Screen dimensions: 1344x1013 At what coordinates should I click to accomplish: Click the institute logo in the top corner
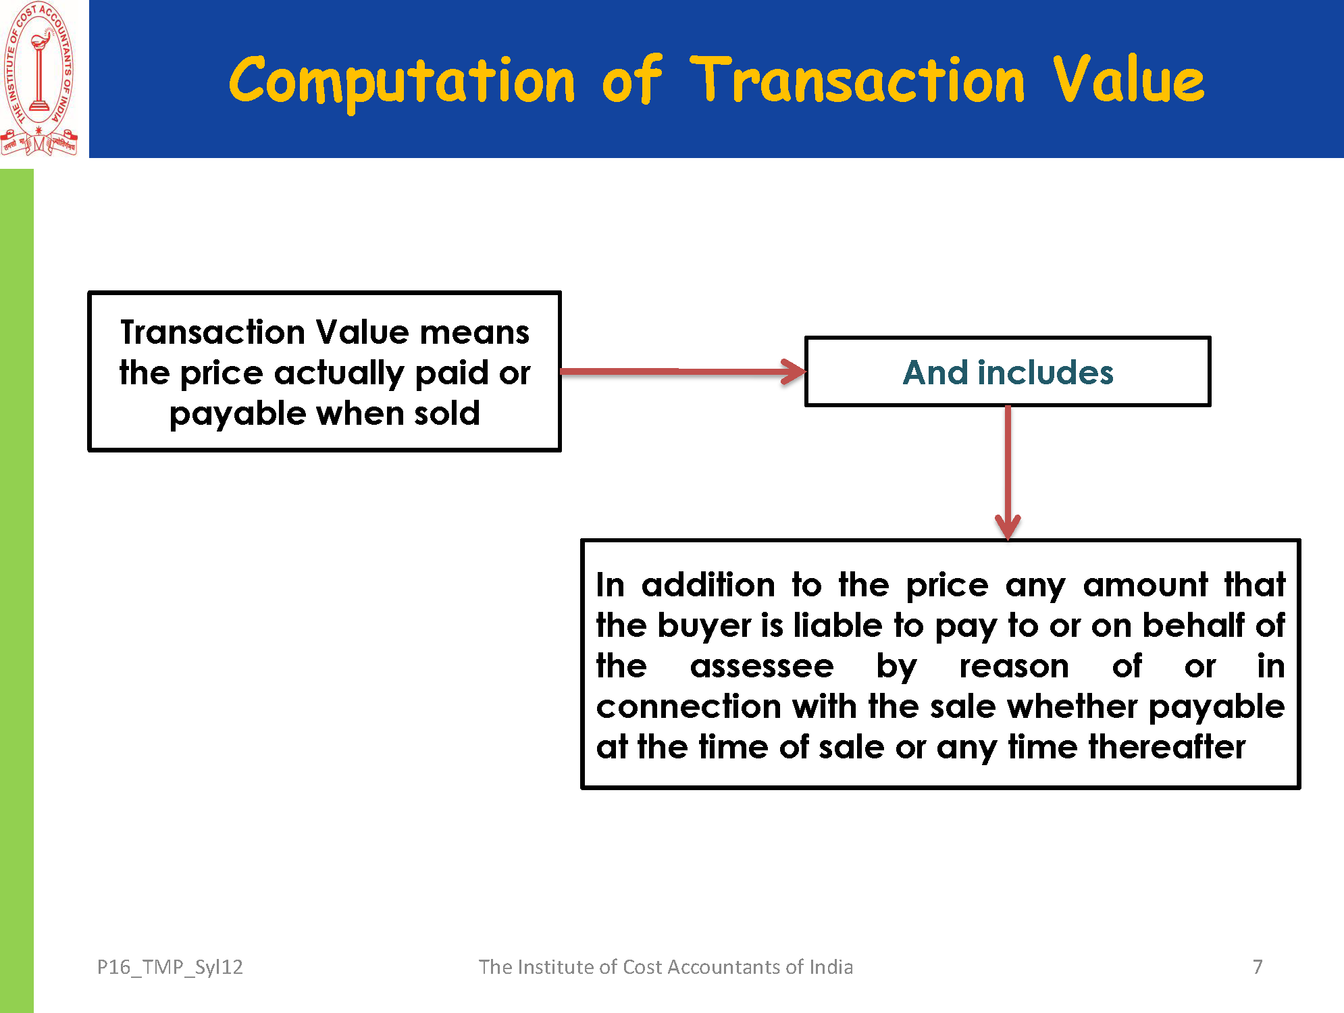tap(39, 79)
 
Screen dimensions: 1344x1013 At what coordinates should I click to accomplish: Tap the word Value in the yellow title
tap(1129, 79)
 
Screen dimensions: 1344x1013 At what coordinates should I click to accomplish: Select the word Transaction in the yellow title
tap(858, 80)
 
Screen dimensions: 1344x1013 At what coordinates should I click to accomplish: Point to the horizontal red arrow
tap(683, 371)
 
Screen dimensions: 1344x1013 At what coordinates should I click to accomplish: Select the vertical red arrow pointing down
tap(1008, 473)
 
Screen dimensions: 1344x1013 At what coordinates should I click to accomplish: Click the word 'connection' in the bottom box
tap(688, 707)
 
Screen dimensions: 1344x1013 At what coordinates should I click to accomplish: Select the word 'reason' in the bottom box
tap(1014, 667)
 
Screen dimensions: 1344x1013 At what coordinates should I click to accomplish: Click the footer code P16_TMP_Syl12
tap(170, 968)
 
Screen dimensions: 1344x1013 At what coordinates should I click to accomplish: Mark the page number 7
tap(1258, 967)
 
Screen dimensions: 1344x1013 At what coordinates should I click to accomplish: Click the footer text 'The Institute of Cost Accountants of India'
tap(666, 967)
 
